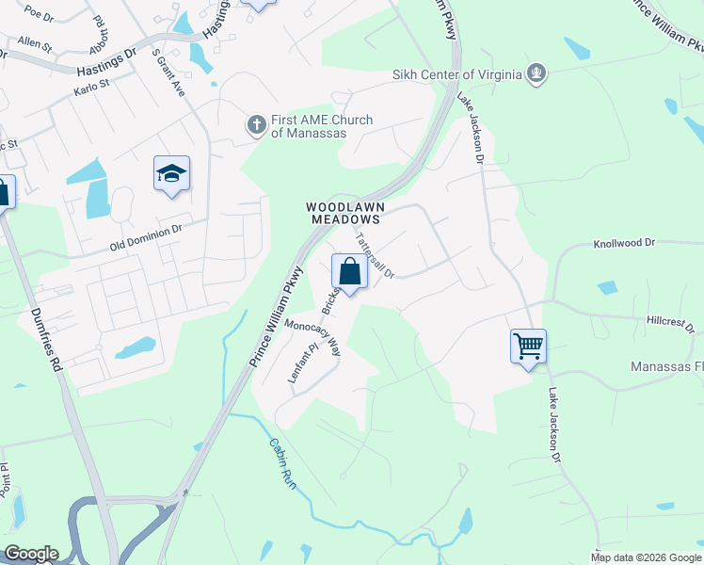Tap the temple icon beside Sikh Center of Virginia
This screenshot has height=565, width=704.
(536, 73)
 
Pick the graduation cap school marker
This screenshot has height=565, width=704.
(171, 173)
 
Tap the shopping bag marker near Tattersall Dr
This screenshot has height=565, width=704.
(349, 272)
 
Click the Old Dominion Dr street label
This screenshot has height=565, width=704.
(145, 235)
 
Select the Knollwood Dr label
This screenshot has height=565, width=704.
(623, 243)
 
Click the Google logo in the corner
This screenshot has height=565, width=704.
(30, 554)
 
